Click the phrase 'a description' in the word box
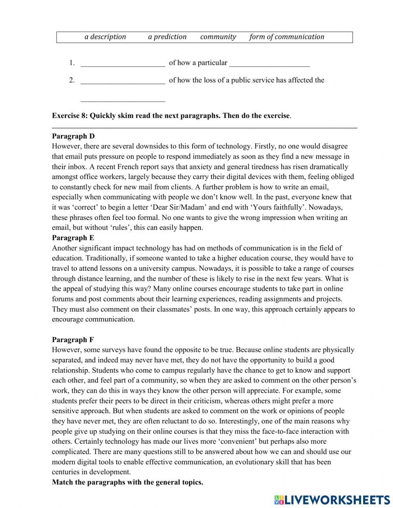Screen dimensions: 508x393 click(x=105, y=37)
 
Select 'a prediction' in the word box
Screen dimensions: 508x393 click(x=167, y=37)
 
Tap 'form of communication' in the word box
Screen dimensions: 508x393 click(x=286, y=37)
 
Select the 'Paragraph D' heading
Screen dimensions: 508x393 click(x=73, y=136)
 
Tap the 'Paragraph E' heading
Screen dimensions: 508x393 click(x=73, y=238)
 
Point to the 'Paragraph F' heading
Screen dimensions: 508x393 click(x=73, y=340)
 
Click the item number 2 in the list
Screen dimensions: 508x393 click(x=72, y=80)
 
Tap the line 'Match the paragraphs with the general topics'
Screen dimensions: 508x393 click(x=127, y=482)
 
